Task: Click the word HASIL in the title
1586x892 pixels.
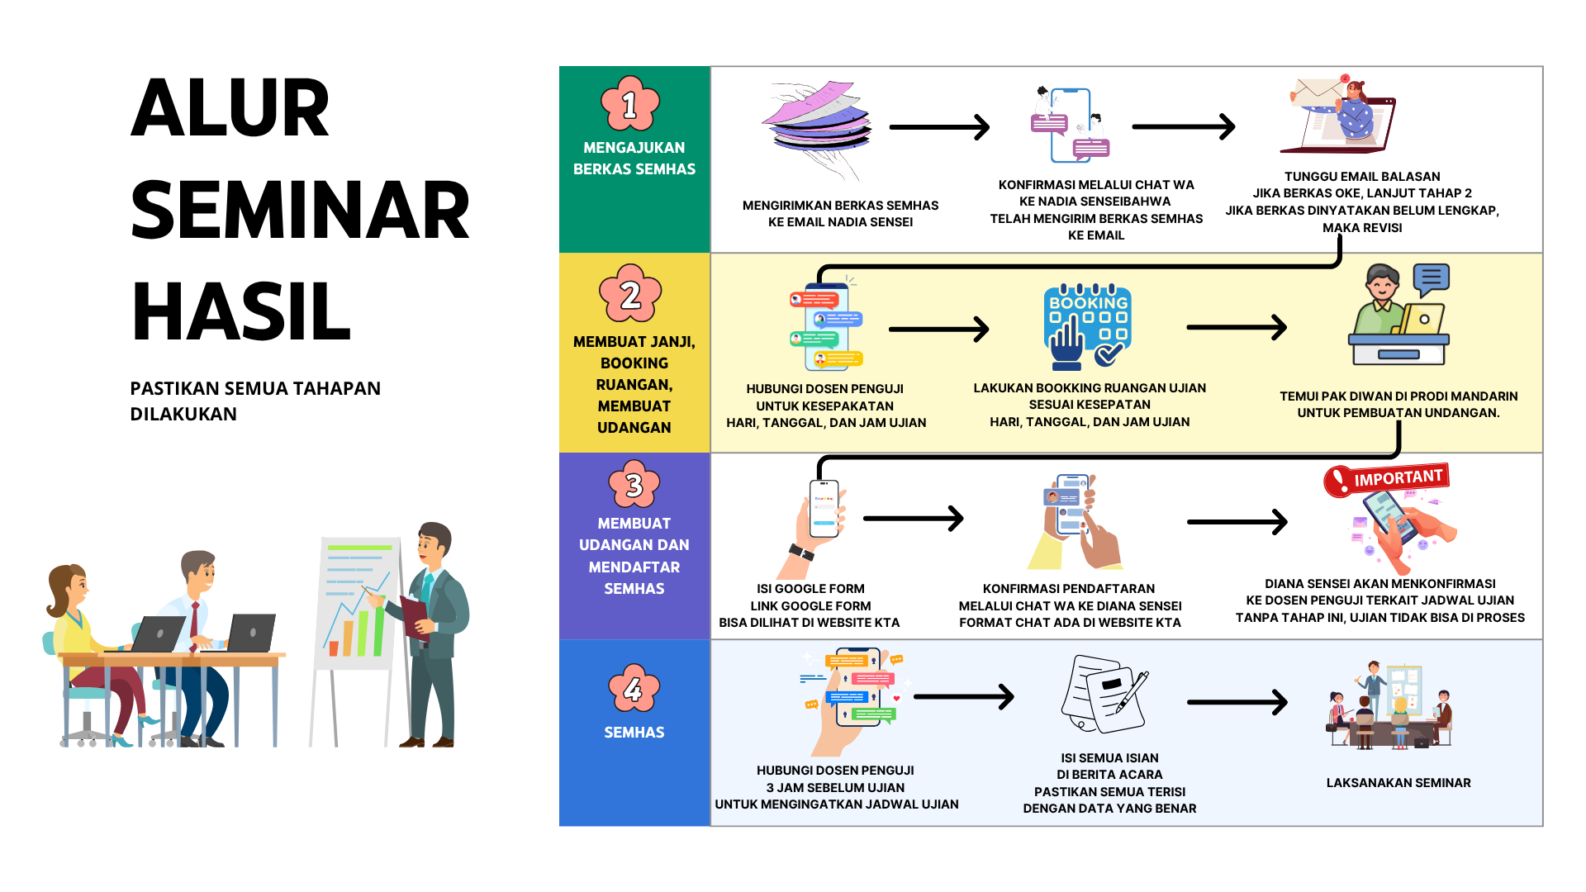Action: (x=241, y=311)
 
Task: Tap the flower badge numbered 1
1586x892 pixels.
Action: (x=630, y=104)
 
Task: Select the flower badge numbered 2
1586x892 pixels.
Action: (x=630, y=293)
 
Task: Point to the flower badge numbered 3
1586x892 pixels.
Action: (x=634, y=484)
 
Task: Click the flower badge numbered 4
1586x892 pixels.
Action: (x=634, y=688)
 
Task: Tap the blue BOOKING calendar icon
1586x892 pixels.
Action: (x=1087, y=327)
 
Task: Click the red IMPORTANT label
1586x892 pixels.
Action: (x=1387, y=479)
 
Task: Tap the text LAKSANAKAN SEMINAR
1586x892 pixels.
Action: (x=1398, y=783)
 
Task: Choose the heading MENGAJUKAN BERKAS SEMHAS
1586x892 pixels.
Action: (x=634, y=158)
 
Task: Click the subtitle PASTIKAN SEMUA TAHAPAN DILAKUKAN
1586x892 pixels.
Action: (x=255, y=401)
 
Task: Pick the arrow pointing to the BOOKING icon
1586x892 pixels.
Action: (x=939, y=329)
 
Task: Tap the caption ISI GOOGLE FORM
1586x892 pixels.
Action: (x=810, y=589)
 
